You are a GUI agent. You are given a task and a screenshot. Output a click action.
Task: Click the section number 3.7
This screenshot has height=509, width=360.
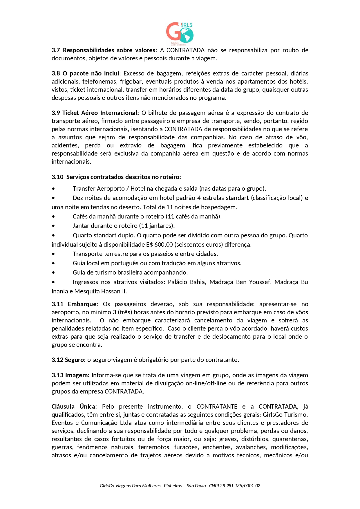coord(56,50)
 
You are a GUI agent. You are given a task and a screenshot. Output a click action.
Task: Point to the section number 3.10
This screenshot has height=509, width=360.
coord(57,177)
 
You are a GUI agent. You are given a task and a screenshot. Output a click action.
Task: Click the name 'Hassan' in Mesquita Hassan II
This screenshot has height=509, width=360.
coord(111,291)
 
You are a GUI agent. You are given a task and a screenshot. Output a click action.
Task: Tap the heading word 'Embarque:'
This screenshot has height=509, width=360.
coord(83,304)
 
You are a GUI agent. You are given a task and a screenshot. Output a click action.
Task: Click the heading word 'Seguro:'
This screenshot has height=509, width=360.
coord(75,360)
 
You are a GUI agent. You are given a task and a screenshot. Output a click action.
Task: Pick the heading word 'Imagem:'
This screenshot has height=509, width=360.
coord(77,375)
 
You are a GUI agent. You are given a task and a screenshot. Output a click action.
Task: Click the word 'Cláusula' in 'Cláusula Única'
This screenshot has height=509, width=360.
coord(63,407)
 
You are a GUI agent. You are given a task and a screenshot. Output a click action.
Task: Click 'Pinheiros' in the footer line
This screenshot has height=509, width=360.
coord(173,486)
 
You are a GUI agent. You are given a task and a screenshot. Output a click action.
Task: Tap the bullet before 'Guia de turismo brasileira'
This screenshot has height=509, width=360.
coord(53,273)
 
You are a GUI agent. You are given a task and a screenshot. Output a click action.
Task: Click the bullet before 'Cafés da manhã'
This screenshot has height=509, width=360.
coord(53,216)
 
